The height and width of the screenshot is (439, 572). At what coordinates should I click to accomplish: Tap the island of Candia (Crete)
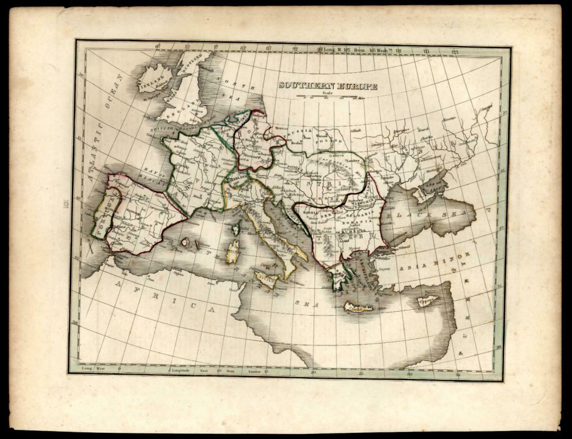point(358,308)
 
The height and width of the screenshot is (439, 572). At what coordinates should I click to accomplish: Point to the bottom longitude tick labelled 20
point(313,372)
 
